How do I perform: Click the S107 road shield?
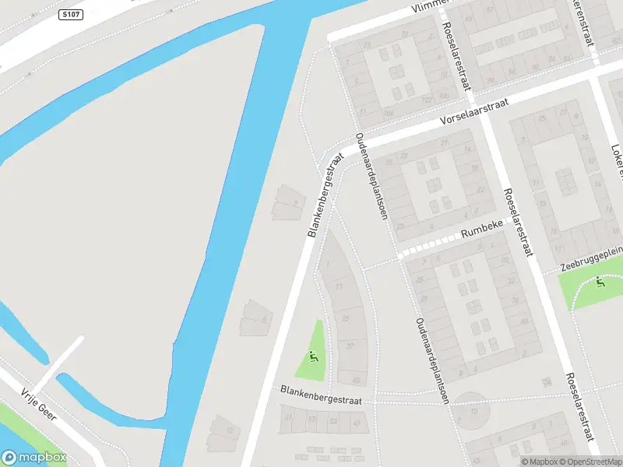[70, 14]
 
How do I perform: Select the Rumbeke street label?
[484, 231]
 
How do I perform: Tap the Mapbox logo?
[34, 458]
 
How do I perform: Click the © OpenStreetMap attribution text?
[591, 462]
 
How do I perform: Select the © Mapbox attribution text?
[539, 462]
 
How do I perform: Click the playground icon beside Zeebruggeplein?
[599, 282]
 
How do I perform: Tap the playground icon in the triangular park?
[313, 357]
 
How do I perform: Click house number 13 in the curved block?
[338, 287]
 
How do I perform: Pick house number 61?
[290, 418]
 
